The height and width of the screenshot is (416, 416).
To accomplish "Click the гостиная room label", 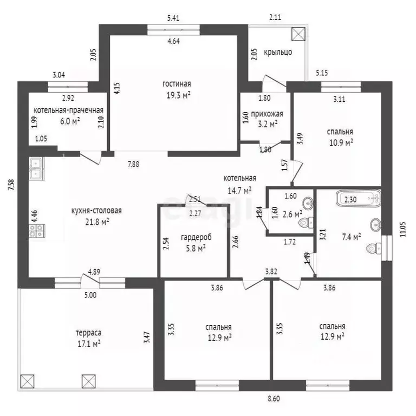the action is coord(177,84).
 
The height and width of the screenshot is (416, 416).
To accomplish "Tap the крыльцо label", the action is coord(278,52).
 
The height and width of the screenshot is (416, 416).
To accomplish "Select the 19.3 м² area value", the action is coord(178,95).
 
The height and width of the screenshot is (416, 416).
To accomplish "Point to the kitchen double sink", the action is coord(37,169).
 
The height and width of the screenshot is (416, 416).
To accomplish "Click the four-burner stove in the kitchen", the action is coord(37,231).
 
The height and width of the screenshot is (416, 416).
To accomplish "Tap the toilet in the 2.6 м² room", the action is coord(306,222).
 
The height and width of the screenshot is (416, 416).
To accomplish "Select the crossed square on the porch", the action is coord(298,34).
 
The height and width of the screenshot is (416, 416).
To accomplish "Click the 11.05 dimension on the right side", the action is coord(403,229).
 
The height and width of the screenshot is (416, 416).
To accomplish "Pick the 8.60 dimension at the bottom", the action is coord(273,399).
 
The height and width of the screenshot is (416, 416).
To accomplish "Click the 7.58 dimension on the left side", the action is coord(11,185).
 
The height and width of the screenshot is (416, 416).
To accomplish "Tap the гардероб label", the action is coord(196,237).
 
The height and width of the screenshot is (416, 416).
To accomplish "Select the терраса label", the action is coord(89,333).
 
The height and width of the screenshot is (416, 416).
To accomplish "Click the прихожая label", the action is coord(267,114).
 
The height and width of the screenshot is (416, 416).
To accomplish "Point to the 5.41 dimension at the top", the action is coord(173,18).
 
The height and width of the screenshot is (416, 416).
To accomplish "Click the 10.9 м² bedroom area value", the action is coord(341,143).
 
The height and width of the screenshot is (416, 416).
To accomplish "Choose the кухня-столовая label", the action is coord(96,211).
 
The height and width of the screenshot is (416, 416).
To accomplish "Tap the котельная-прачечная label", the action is coord(68,110).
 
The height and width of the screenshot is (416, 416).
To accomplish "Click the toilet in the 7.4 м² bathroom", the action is coord(374,248).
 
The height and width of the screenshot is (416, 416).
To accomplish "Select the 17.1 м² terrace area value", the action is coord(89,344).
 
